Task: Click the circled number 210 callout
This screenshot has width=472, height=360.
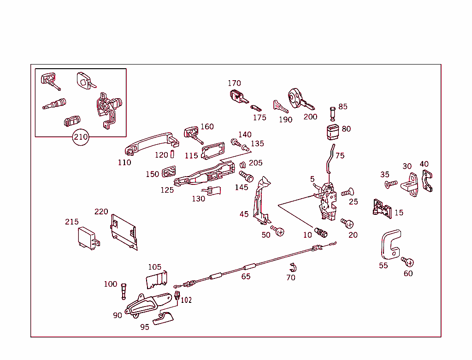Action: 81,137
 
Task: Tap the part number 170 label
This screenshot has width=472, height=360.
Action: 234,83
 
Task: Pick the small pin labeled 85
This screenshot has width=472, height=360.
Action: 333,112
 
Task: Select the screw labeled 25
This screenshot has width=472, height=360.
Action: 347,192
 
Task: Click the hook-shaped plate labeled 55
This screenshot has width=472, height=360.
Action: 390,244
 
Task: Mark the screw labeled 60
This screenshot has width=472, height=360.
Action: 407,262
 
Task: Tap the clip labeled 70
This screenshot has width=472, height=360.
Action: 292,267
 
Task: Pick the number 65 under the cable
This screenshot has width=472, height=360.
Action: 246,277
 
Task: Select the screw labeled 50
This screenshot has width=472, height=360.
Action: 278,230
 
